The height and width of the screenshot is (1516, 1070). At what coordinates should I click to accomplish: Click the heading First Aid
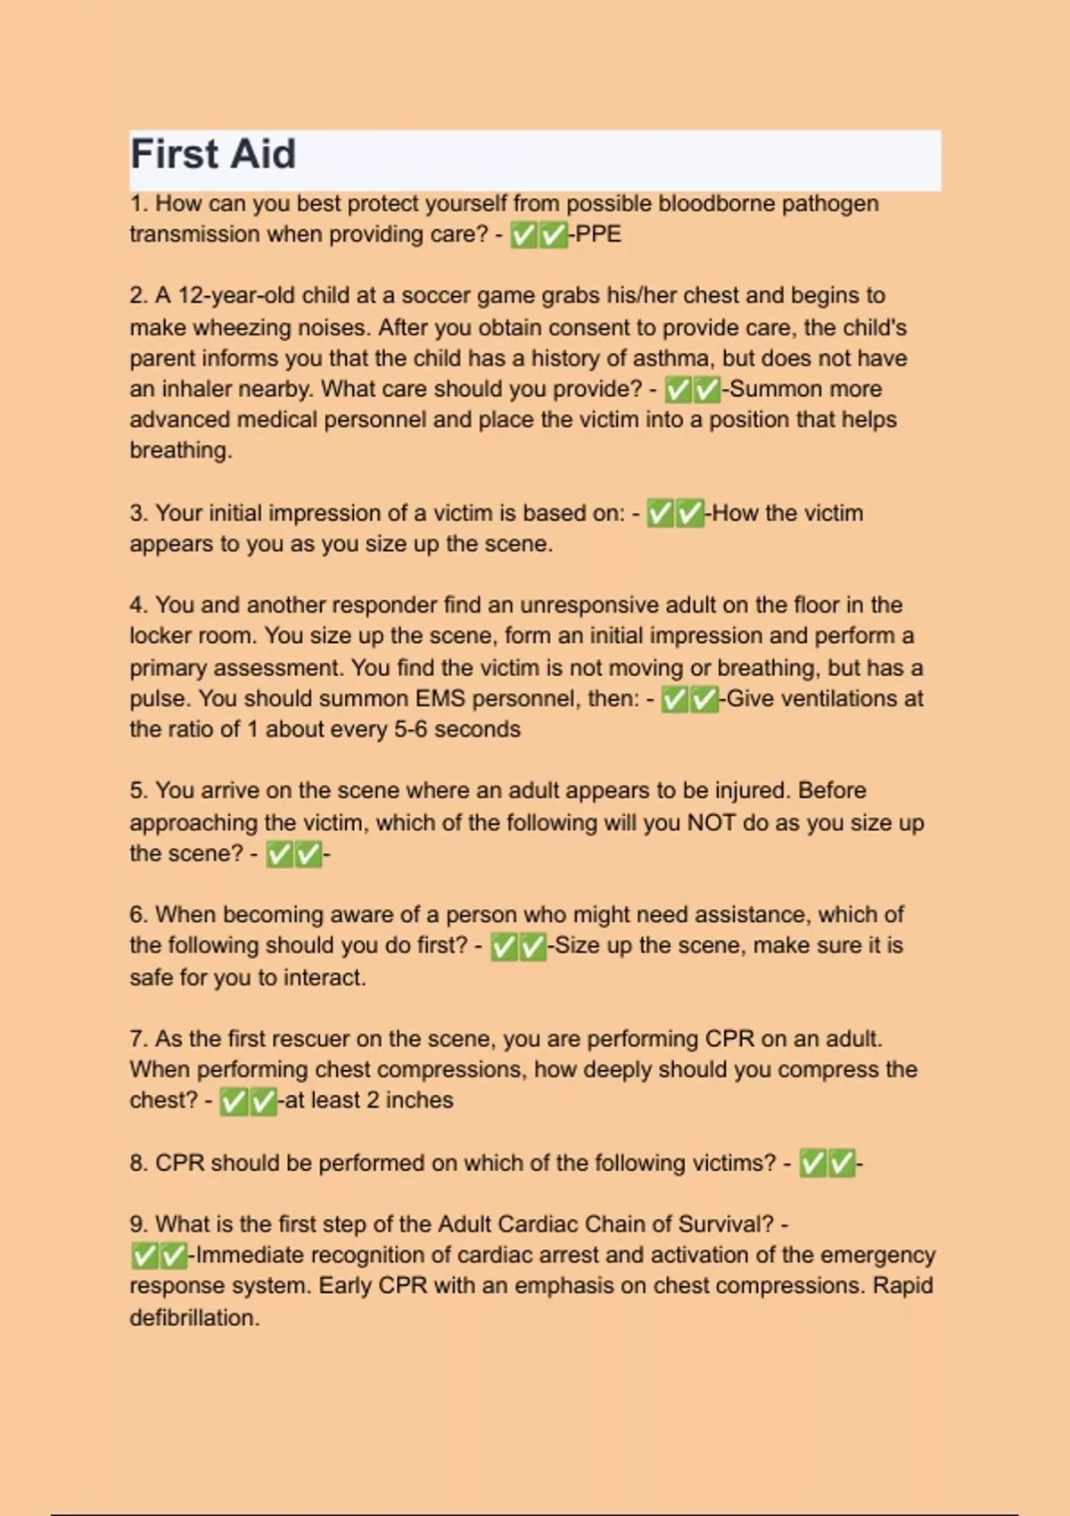213,154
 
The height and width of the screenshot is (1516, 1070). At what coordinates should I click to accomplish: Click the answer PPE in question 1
598,235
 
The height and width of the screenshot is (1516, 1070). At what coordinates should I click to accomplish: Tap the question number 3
138,514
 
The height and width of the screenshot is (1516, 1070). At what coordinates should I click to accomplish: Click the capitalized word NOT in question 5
711,822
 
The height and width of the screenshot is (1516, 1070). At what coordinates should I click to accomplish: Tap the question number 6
138,915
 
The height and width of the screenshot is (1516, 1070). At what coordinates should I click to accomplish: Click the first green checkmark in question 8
812,1164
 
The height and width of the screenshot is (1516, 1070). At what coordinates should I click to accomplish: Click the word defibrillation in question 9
193,1318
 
